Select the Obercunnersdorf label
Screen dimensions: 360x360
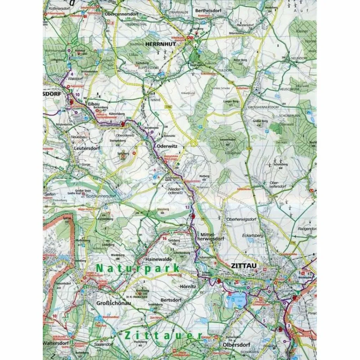click(122, 14)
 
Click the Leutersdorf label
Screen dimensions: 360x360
click(87, 148)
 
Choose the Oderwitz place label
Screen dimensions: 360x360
click(167, 146)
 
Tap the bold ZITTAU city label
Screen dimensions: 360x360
click(243, 266)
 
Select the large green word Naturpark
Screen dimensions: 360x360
click(138, 269)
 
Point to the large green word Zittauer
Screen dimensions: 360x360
click(163, 335)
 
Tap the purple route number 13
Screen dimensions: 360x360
click(187, 207)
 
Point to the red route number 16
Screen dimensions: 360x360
click(164, 238)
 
